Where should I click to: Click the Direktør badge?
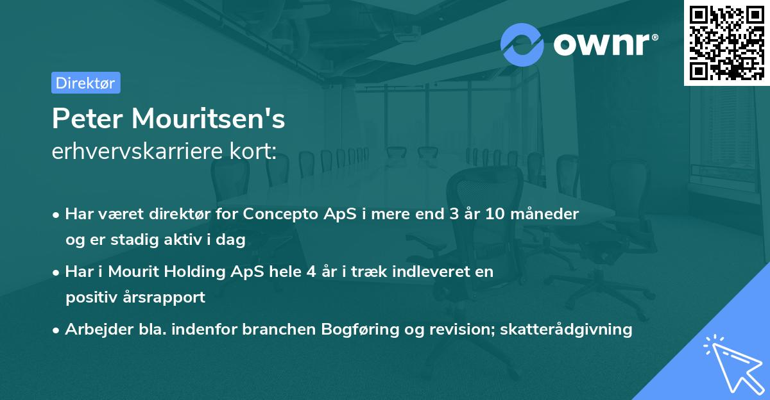(x=85, y=83)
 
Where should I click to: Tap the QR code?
(x=726, y=42)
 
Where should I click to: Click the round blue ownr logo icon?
(x=522, y=44)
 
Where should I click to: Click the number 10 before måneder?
(x=497, y=214)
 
